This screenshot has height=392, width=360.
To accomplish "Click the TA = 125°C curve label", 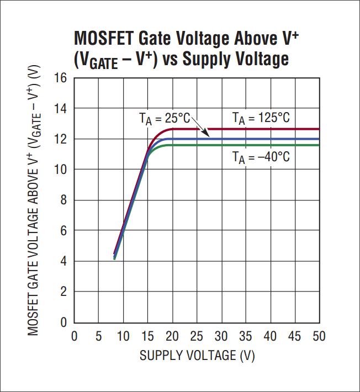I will point(260,118).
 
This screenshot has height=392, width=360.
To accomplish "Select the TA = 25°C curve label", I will point(164,118).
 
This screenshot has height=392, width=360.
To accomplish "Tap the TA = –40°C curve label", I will point(261,157).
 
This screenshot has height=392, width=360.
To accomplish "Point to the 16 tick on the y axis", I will point(60,78).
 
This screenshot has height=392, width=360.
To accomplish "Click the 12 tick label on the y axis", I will point(60,139).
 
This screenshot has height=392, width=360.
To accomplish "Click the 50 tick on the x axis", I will point(319,336).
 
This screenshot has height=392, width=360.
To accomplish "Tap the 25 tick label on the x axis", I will point(196,336).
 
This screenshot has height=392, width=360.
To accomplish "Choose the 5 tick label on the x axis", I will point(98,336).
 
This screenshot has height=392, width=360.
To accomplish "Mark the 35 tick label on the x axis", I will point(245,336).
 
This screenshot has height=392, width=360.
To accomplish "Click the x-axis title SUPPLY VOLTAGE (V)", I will point(197,355).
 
